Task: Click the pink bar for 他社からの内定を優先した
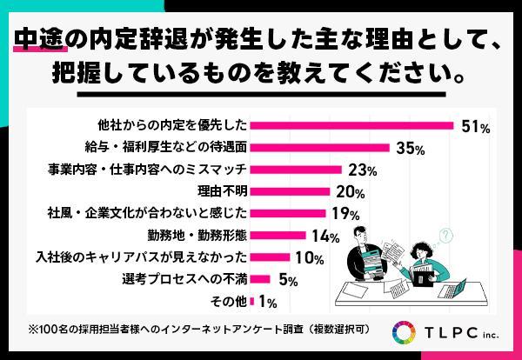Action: (352, 126)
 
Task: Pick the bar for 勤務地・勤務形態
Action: (278, 236)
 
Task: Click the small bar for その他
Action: (252, 302)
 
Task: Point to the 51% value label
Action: (475, 127)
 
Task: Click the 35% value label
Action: (409, 149)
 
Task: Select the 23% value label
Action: (361, 170)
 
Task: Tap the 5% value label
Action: (289, 280)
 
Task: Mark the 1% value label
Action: (267, 302)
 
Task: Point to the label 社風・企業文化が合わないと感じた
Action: (148, 213)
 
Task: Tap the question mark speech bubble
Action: (446, 235)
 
